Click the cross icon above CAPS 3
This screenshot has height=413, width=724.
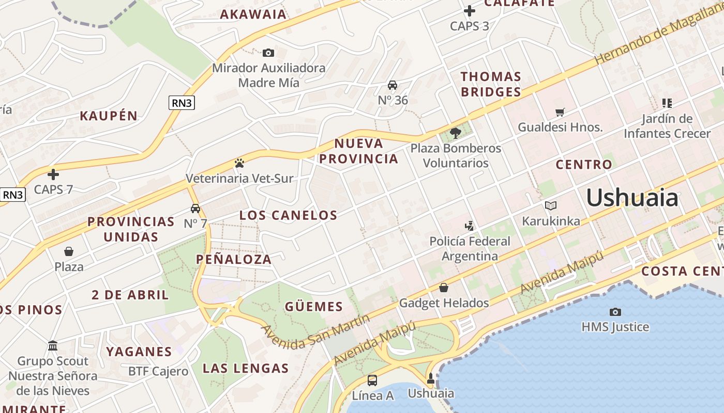pyautogui.click(x=469, y=10)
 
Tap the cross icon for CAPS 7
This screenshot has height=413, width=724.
pyautogui.click(x=53, y=174)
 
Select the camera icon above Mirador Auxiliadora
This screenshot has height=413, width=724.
pyautogui.click(x=268, y=53)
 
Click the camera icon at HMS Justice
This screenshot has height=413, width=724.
pyautogui.click(x=615, y=312)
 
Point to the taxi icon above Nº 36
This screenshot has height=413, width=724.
pyautogui.click(x=393, y=85)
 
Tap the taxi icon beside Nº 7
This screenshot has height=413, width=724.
pyautogui.click(x=195, y=209)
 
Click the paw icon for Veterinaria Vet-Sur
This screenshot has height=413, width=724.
pyautogui.click(x=239, y=163)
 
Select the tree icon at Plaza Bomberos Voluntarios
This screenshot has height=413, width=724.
pyautogui.click(x=456, y=133)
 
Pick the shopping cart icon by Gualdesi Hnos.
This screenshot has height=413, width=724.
pyautogui.click(x=560, y=112)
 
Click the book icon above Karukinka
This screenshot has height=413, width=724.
pyautogui.click(x=551, y=206)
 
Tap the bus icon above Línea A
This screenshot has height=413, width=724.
pyautogui.click(x=372, y=381)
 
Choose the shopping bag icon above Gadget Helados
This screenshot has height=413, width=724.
pyautogui.click(x=443, y=288)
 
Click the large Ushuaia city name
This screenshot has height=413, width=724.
pyautogui.click(x=632, y=198)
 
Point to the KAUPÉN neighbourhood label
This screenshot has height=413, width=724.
pyautogui.click(x=109, y=116)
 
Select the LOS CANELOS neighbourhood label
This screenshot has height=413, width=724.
pyautogui.click(x=288, y=215)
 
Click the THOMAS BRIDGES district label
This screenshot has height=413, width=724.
pyautogui.click(x=491, y=84)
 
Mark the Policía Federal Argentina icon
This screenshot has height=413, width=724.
pyautogui.click(x=469, y=226)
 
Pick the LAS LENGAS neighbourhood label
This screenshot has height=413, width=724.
pyautogui.click(x=245, y=368)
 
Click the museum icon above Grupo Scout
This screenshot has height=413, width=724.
pyautogui.click(x=53, y=345)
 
